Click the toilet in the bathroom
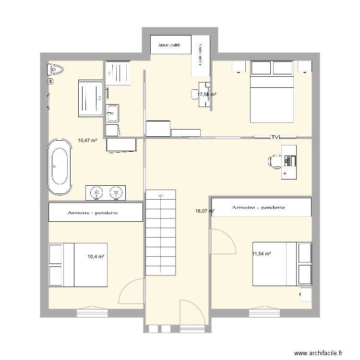[55, 70]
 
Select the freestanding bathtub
[60, 167]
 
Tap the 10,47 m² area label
[87, 141]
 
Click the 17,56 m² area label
[206, 95]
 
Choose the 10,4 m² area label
[96, 257]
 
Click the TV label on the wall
[275, 137]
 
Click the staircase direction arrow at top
[161, 195]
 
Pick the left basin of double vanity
[97, 192]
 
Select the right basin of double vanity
[115, 192]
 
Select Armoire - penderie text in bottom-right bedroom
[258, 208]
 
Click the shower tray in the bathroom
[90, 98]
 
